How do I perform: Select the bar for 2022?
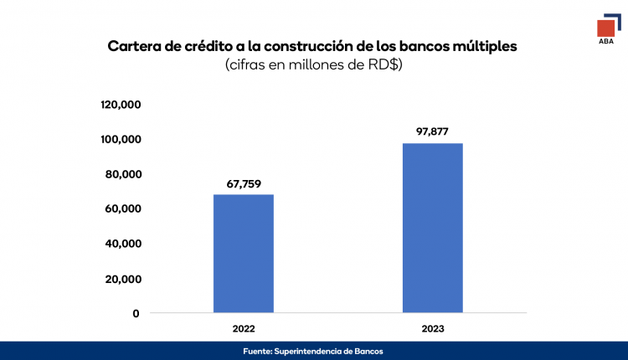[243, 253]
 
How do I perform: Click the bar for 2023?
[432, 228]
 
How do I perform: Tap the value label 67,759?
[243, 183]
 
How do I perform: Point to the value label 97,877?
[432, 131]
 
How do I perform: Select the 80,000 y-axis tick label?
[122, 174]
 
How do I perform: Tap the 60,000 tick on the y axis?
[122, 208]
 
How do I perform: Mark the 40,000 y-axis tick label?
[122, 244]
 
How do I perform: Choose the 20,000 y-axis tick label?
[122, 279]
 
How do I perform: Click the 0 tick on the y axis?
[135, 313]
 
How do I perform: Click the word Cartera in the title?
[136, 46]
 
